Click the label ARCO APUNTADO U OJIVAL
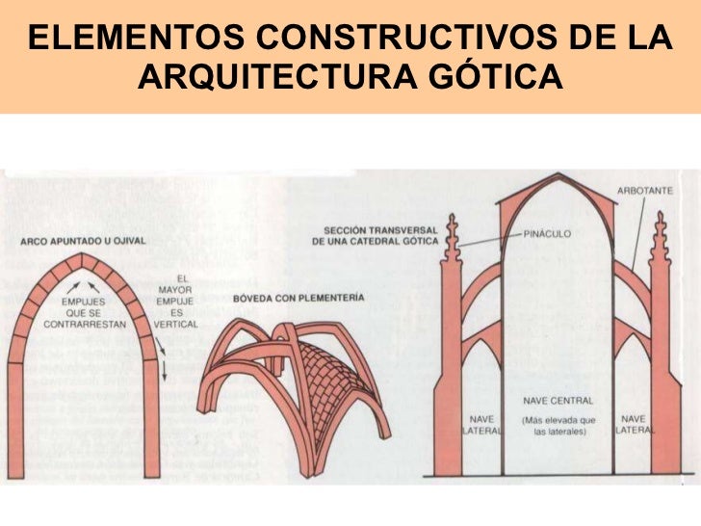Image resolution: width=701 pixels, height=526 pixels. tap(83, 240)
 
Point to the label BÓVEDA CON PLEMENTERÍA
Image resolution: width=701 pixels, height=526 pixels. tap(299, 300)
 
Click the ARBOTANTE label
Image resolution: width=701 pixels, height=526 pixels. tap(645, 191)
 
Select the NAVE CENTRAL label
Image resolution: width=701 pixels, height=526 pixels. tap(558, 399)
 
